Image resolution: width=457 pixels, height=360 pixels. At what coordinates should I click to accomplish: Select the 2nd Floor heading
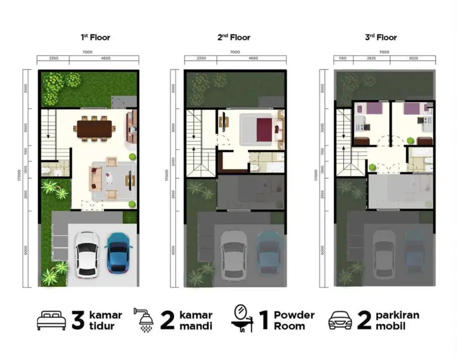coord(234,38)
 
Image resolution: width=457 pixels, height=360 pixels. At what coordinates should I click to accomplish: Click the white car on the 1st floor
coord(87,254)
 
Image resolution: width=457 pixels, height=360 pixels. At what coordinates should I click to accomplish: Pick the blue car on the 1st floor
coord(119,253)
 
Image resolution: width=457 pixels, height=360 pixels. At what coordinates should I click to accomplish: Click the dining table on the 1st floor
coord(94,129)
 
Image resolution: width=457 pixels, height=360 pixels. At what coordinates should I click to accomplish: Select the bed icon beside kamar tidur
coord(51,321)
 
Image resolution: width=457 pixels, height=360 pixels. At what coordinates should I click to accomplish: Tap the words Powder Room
coord(294,320)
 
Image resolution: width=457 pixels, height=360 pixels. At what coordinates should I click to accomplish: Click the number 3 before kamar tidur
coord(78,321)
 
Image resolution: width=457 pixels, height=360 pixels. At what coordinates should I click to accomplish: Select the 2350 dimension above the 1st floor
coord(53,59)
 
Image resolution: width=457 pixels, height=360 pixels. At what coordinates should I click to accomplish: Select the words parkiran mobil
coord(397,320)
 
